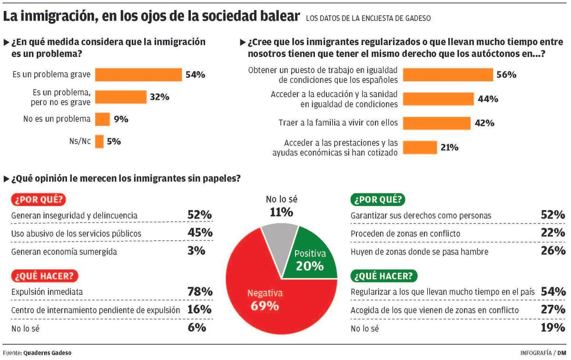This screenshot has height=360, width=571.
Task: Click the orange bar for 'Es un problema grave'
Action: [x=138, y=75]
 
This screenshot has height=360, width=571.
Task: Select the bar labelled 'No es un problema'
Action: [x=102, y=119]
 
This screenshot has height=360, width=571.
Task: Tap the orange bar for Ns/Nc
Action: [x=99, y=141]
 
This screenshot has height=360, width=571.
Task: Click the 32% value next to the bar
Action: [x=159, y=97]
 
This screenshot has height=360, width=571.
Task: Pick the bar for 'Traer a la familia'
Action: [x=436, y=123]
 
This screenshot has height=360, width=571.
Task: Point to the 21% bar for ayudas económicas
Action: [x=420, y=147]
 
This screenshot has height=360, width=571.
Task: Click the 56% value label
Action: [x=506, y=75]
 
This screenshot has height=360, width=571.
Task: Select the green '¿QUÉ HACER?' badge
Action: [x=384, y=275]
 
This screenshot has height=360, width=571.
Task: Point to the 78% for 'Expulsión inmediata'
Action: [x=199, y=292]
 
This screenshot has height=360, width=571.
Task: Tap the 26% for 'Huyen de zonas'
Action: [x=553, y=251]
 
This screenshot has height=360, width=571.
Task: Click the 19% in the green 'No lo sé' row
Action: [x=553, y=327]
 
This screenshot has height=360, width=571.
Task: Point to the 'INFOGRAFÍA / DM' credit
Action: [x=543, y=352]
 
